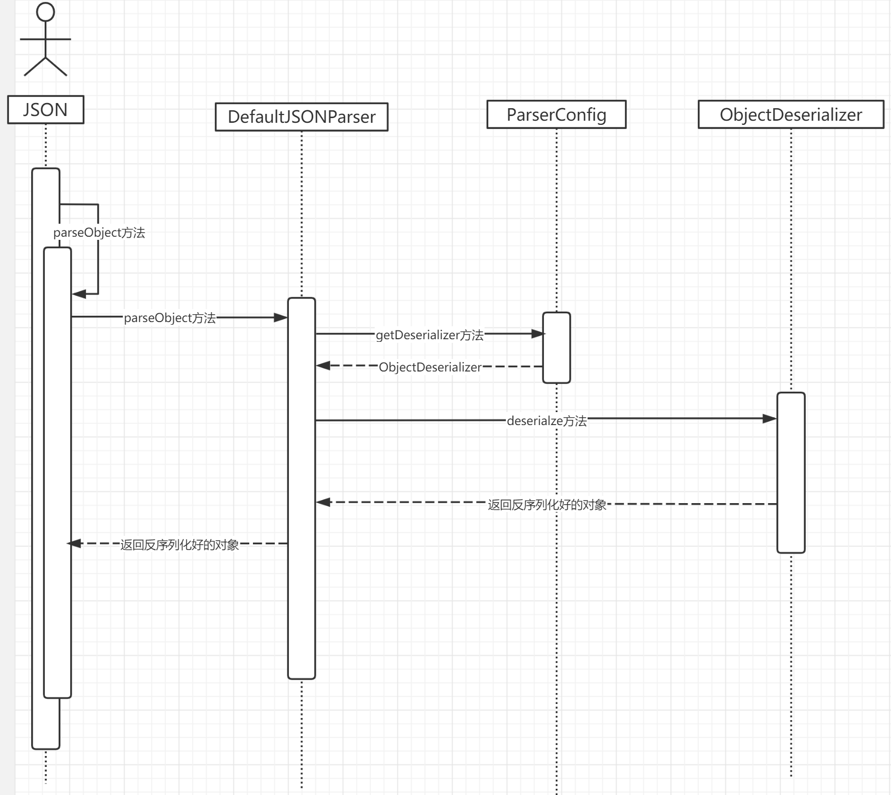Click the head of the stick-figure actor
46,12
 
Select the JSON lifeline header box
46,110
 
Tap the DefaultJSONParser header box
301,117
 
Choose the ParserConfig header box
556,114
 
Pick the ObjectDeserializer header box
791,114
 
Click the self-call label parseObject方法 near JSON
99,233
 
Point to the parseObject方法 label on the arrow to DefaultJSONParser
170,318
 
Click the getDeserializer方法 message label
429,335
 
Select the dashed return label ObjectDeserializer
430,367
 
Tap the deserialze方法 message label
546,421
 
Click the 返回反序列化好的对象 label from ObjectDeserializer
547,505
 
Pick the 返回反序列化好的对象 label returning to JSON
180,545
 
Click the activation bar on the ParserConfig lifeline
556,348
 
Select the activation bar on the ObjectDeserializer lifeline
791,472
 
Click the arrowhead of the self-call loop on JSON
79,294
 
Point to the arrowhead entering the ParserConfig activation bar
537,334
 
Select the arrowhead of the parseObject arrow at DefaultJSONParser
281,317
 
